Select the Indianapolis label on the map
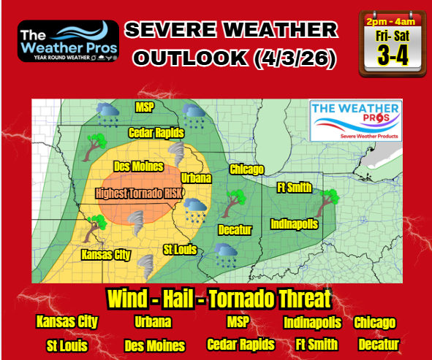(x=294, y=223)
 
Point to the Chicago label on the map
(x=246, y=170)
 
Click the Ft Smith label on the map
(x=292, y=187)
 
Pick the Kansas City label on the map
(x=106, y=255)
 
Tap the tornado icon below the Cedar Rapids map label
(x=177, y=153)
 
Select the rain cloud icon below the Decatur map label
(x=226, y=253)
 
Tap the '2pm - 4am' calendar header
(x=392, y=20)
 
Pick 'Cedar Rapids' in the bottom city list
(x=240, y=344)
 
